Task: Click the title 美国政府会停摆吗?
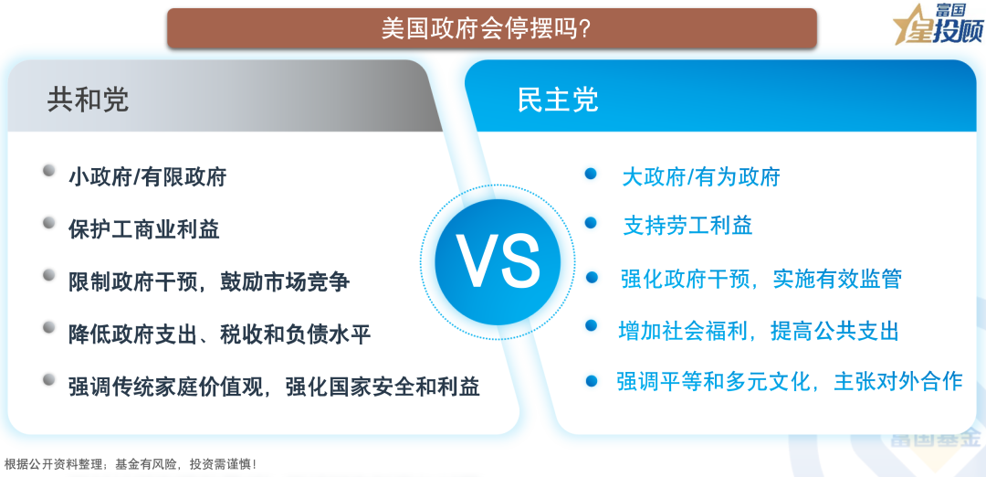(x=491, y=28)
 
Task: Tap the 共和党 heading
(x=88, y=99)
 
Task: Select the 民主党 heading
(x=558, y=99)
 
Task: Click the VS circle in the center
(x=498, y=262)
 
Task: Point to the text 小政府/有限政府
(x=147, y=176)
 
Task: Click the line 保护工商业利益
(x=143, y=228)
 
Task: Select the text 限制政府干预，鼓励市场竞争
(x=209, y=281)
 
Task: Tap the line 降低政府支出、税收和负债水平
(x=219, y=334)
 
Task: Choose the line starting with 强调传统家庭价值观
(x=274, y=386)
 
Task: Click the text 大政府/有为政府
(x=701, y=176)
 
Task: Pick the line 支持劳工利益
(x=687, y=226)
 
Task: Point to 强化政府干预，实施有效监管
(x=760, y=279)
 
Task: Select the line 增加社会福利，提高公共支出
(x=759, y=330)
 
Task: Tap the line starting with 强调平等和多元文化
(x=789, y=381)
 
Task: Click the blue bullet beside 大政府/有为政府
(x=591, y=173)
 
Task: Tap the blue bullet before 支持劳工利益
(x=591, y=222)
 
